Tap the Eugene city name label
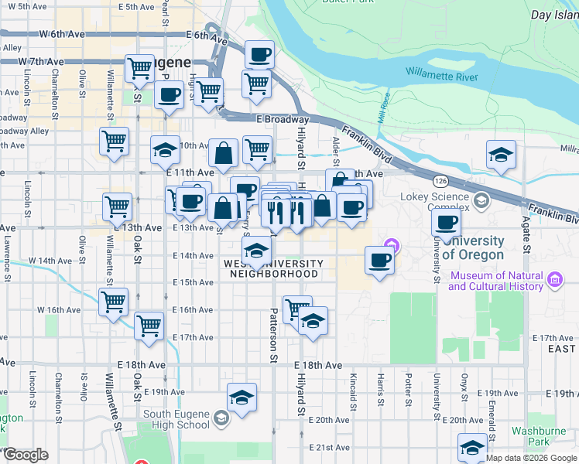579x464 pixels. (x=166, y=62)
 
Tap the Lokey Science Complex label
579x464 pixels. (x=435, y=202)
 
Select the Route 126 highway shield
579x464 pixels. (x=441, y=181)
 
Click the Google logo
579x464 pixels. (x=25, y=455)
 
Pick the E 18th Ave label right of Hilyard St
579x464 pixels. (x=317, y=365)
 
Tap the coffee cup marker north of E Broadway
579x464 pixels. (x=259, y=54)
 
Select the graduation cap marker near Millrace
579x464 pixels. (x=501, y=155)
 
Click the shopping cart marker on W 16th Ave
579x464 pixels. (x=114, y=302)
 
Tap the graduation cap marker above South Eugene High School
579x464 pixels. (x=242, y=397)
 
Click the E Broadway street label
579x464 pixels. (x=283, y=120)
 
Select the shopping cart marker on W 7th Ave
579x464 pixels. (x=139, y=68)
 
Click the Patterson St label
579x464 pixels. (x=273, y=336)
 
